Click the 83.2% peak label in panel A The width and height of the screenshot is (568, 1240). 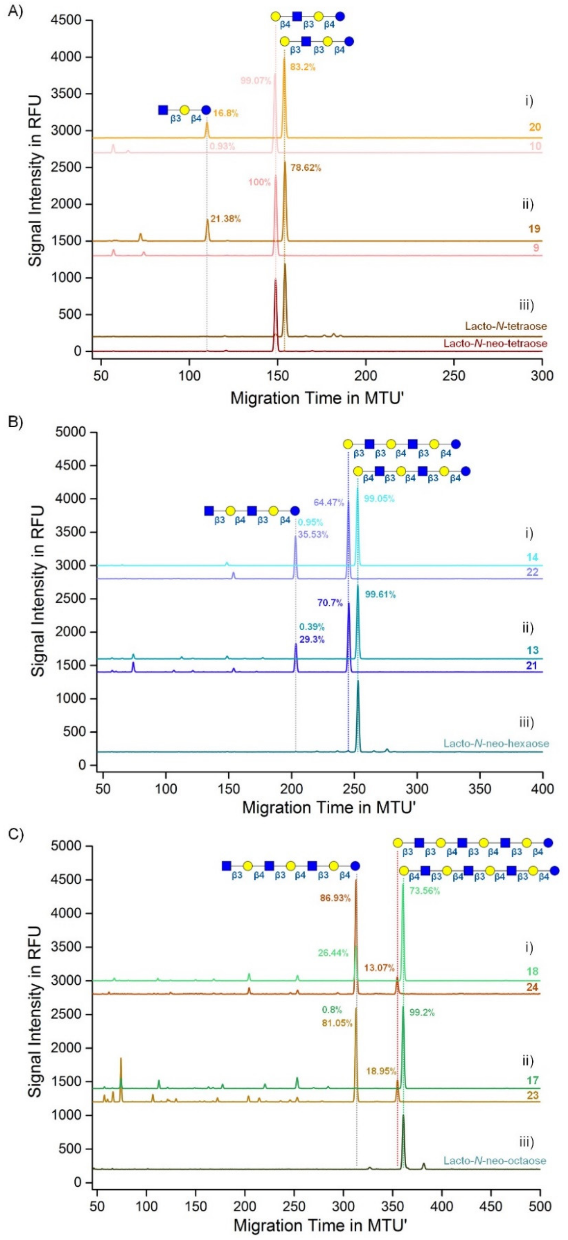click(x=302, y=67)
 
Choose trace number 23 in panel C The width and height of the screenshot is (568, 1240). click(x=532, y=1083)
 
